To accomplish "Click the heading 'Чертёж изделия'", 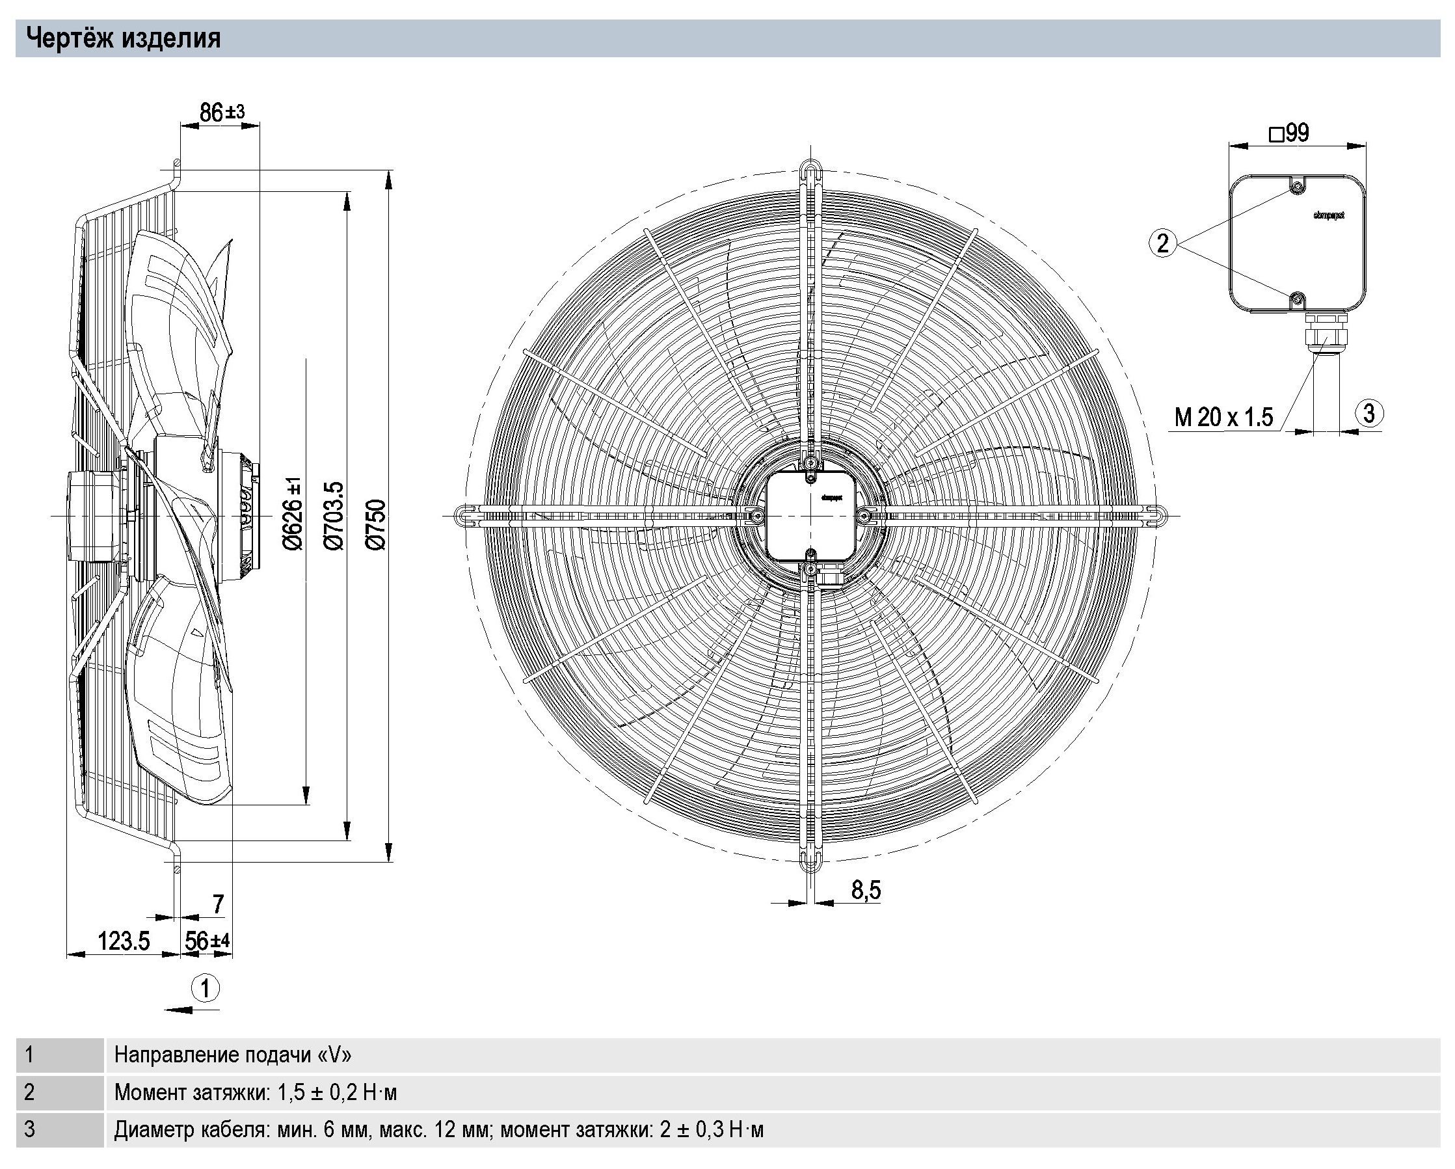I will (124, 38).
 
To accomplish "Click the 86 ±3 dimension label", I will (221, 112).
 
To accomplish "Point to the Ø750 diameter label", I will (376, 524).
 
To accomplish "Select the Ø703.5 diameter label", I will (334, 516).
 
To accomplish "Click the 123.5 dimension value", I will (124, 941).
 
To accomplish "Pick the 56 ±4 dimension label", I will (207, 941).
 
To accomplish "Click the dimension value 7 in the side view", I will (217, 904).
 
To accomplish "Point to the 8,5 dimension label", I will (866, 891).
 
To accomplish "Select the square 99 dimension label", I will (1289, 133).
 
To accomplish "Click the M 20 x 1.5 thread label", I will (1223, 417).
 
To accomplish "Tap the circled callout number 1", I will (206, 989).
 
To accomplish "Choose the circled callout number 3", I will (1368, 413).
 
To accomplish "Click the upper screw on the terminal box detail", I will (1296, 187).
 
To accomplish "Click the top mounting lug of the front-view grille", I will (810, 168).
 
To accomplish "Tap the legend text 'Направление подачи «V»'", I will (233, 1055).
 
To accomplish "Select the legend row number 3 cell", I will (59, 1130).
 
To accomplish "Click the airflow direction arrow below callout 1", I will (192, 1010).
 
